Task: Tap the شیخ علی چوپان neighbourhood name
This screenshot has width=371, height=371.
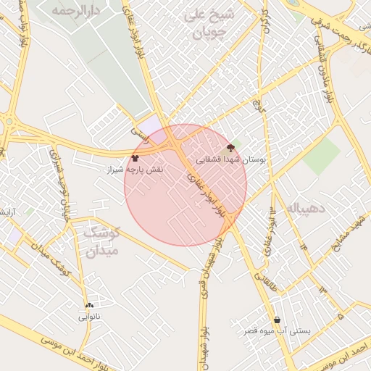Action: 209,22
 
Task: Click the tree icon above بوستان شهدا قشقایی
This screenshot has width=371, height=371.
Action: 231,147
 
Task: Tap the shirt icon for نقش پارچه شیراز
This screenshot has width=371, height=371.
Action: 135,157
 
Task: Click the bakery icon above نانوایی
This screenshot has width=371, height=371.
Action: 89,305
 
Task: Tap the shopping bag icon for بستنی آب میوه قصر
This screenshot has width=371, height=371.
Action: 277,320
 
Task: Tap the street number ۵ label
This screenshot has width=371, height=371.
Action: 340,317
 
